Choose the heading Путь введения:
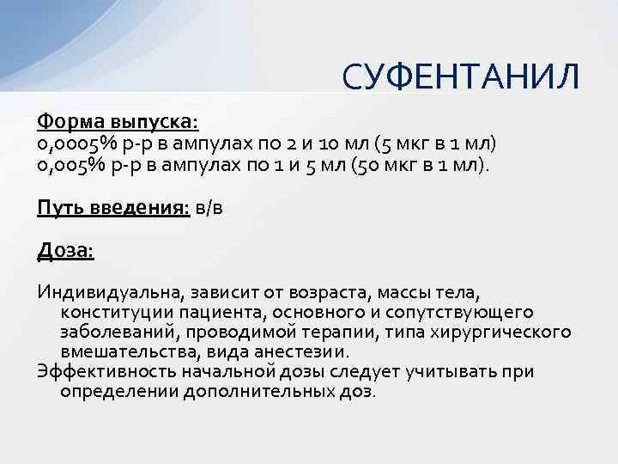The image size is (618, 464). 113,207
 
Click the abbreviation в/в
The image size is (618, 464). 214,207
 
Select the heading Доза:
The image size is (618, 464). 66,251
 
